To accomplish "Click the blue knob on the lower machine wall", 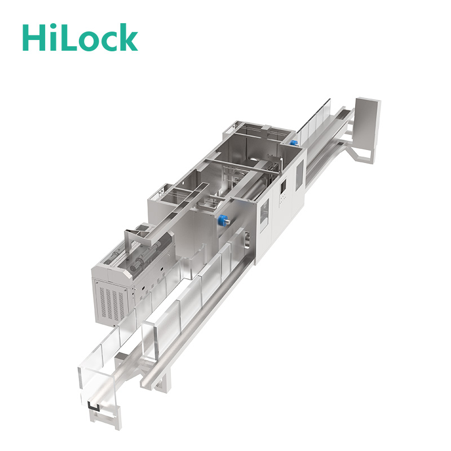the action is coord(223,220).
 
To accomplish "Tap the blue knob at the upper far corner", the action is coord(293,143).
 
